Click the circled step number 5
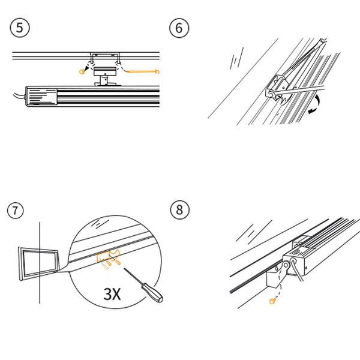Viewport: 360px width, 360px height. (20, 28)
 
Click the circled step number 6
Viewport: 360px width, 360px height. (179, 28)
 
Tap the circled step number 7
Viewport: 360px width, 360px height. (16, 210)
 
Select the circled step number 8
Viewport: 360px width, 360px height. (180, 209)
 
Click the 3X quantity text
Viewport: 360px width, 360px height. (112, 294)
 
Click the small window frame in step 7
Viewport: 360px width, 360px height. (39, 263)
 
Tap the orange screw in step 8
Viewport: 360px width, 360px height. (272, 301)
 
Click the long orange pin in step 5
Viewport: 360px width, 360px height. (143, 71)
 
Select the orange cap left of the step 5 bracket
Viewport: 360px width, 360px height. (82, 71)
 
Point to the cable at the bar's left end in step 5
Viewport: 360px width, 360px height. (19, 97)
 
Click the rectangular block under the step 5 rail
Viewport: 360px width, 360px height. (104, 71)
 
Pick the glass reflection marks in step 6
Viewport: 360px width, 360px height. (237, 59)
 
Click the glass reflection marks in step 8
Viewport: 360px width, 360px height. (253, 231)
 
